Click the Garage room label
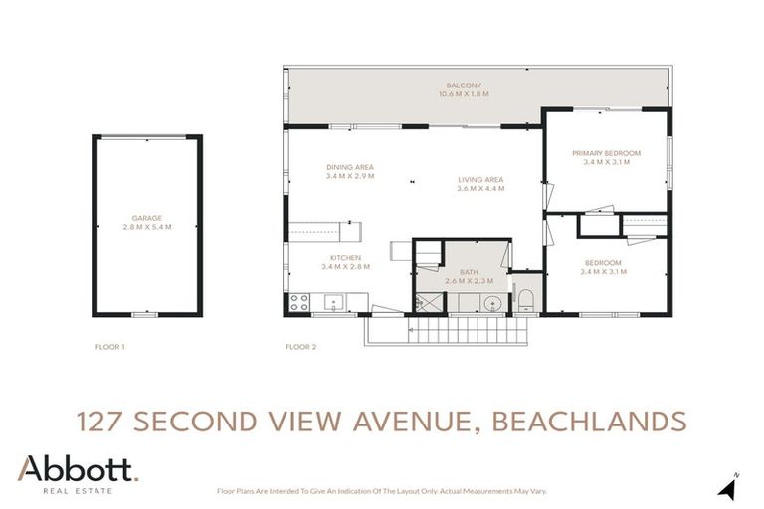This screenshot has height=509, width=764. click(x=147, y=218)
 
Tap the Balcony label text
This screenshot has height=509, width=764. click(x=464, y=85)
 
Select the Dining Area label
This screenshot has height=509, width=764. click(x=349, y=167)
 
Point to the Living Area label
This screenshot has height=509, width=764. click(x=479, y=180)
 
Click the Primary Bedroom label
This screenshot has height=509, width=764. click(x=606, y=153)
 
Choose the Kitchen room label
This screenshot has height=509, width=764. click(x=345, y=258)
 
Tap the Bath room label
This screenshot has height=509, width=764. click(x=469, y=272)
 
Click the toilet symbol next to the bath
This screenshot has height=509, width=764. click(x=526, y=299)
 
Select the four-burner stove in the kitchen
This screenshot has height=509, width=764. click(x=299, y=301)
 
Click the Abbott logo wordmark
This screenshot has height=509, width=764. click(x=78, y=469)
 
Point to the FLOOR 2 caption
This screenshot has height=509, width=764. click(x=300, y=347)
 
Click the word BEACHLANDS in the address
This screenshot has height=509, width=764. click(x=587, y=421)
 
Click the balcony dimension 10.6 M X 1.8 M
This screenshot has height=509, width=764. click(x=464, y=94)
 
